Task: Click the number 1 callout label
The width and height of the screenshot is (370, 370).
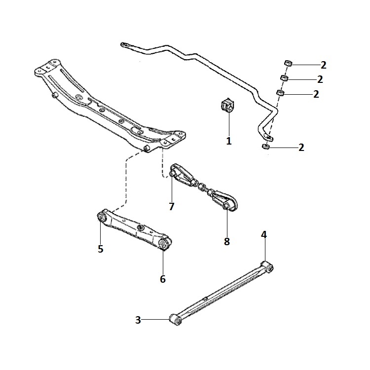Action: [x=228, y=141]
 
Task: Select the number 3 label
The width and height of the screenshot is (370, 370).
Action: [x=138, y=320]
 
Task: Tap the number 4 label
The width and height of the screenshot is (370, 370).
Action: [x=264, y=235]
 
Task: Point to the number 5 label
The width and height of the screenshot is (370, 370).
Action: [x=100, y=249]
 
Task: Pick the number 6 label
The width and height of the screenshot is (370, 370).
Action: [x=163, y=279]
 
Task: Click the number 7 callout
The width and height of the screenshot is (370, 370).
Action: [x=172, y=207]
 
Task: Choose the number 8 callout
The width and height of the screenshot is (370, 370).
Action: [x=227, y=242]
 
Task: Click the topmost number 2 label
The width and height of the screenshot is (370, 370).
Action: [x=323, y=65]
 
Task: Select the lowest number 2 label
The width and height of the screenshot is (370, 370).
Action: [x=301, y=147]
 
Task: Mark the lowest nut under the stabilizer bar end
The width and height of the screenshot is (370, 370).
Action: [x=265, y=147]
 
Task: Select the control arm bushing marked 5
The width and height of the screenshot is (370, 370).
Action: [x=103, y=216]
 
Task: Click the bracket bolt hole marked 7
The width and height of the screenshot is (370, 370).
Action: [x=172, y=174]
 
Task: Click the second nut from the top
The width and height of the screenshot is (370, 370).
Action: [x=284, y=78]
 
